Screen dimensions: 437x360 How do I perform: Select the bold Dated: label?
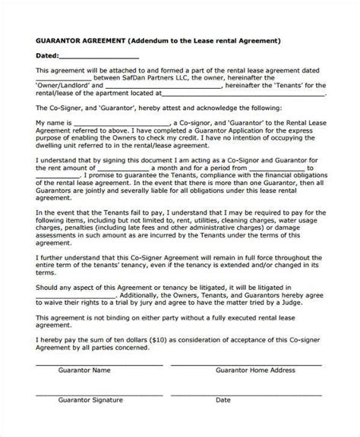pyautogui.click(x=48, y=56)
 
